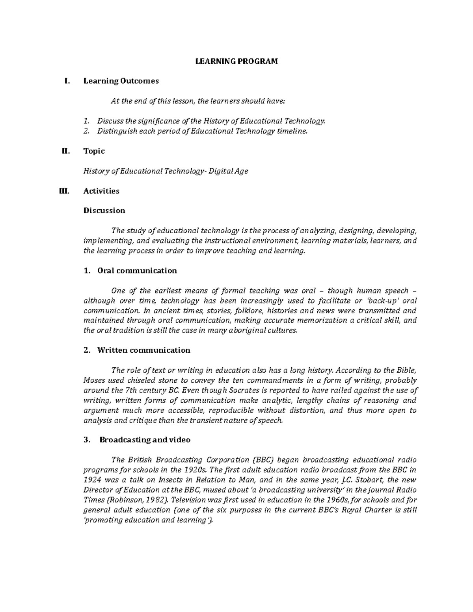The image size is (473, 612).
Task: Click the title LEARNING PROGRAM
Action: [x=237, y=61]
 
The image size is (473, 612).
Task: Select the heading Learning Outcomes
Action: [x=121, y=81]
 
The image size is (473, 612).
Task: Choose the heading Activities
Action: [x=101, y=191]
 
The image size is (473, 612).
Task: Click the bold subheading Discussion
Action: [x=104, y=210]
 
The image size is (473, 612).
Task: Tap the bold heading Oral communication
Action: [x=137, y=271]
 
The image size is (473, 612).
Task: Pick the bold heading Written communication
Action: [x=143, y=350]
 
